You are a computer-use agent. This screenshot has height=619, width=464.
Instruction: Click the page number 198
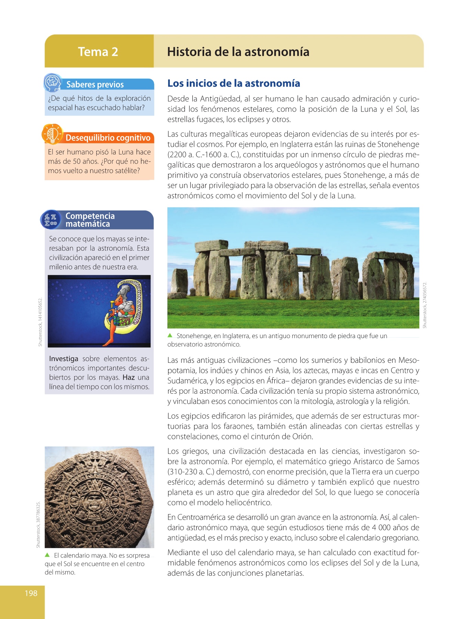[x=31, y=593]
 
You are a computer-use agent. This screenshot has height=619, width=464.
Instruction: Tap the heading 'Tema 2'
[x=98, y=52]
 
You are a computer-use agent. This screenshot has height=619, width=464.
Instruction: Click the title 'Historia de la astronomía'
[x=238, y=52]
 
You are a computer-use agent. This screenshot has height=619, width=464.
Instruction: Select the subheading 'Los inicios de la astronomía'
[x=233, y=84]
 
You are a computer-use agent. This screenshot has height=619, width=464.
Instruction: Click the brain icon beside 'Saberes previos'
[x=52, y=83]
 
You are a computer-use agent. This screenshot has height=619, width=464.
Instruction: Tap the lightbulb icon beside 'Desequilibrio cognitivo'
[x=52, y=134]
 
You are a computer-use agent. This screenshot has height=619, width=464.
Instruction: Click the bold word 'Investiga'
[x=64, y=359]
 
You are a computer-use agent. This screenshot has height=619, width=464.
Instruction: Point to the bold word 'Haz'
[x=129, y=378]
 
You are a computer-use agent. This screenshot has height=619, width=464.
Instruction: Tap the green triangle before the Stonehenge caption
[x=170, y=336]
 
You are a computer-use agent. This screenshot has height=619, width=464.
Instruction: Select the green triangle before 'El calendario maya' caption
[x=47, y=555]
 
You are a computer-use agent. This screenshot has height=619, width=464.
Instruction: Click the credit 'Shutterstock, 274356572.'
[x=425, y=305]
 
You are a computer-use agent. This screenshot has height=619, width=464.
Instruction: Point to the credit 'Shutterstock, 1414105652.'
[x=40, y=322]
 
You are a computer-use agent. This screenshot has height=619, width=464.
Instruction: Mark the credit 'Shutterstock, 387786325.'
[x=38, y=525]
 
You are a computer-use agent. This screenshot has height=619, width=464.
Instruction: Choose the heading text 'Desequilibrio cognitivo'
[x=108, y=138]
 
